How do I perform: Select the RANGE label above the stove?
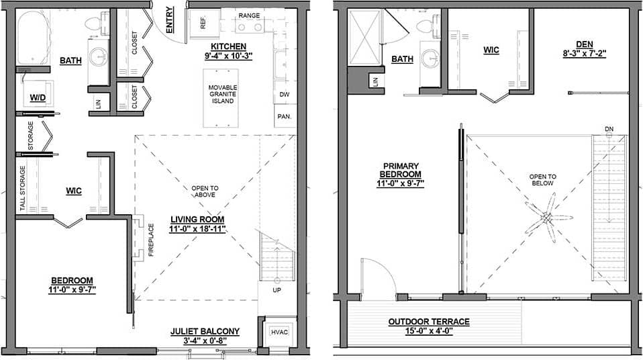tap(249, 15)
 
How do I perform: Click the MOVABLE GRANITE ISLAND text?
tap(222, 94)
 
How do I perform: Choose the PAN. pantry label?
tap(284, 116)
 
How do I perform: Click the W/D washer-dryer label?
tap(37, 97)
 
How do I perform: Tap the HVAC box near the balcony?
tap(279, 331)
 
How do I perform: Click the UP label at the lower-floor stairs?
tap(276, 290)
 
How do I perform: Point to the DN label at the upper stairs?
tap(608, 128)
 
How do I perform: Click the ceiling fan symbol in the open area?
tap(547, 218)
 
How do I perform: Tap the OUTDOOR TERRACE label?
tap(428, 322)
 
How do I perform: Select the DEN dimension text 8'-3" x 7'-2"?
tap(585, 53)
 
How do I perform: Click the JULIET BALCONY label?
tap(205, 331)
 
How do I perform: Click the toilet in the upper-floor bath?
tap(424, 26)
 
